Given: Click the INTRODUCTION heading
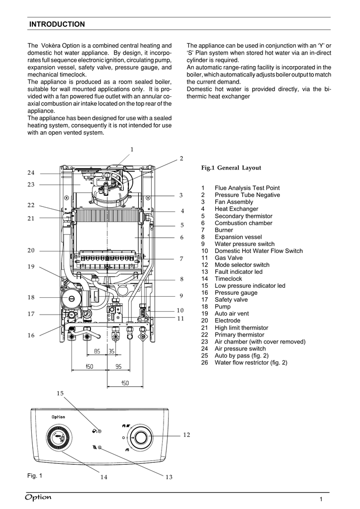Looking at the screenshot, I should (57, 24).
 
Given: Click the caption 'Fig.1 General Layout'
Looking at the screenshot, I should (231, 168).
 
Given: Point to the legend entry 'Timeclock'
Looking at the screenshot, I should (228, 279).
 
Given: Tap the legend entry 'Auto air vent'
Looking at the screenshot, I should (232, 314).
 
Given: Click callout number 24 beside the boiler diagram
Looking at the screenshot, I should (31, 172).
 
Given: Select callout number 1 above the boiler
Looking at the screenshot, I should (132, 150).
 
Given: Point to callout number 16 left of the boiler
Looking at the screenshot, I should (31, 336).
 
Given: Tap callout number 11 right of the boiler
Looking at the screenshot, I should (181, 318).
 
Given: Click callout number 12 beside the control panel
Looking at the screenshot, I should (186, 435).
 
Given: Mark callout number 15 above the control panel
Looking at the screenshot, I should (60, 393).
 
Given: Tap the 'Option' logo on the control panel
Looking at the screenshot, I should (58, 417).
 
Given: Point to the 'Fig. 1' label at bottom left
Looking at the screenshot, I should (35, 475).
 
